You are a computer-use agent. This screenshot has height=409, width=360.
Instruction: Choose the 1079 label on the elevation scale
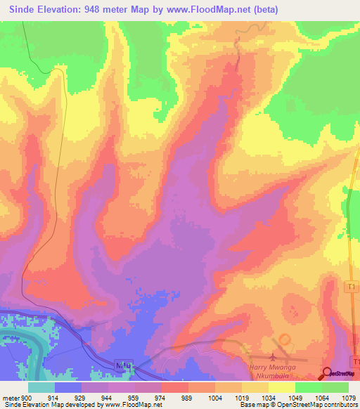348,398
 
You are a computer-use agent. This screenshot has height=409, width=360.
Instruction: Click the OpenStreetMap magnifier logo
327,372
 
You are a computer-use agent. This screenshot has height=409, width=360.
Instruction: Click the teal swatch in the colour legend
41,387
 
